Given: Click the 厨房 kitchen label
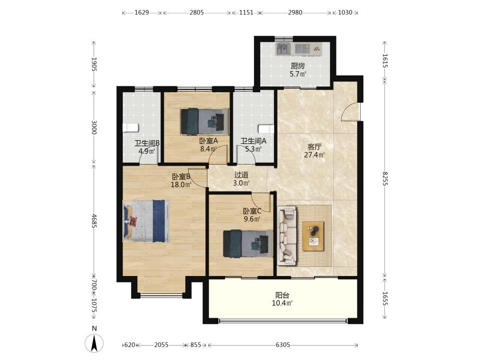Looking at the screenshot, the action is tap(298, 66).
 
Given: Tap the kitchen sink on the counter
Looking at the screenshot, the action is tap(284, 49).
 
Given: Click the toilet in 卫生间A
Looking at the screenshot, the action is tap(266, 129).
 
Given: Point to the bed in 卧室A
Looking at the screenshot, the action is tap(204, 121).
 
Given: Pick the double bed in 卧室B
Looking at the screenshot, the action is tap(146, 221).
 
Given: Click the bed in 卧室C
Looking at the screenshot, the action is tap(248, 244).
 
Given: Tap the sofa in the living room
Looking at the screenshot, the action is tap(287, 235).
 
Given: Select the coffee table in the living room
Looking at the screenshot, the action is tap(313, 236).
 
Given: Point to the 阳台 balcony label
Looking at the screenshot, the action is tap(282, 295).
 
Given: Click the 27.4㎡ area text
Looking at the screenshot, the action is tap(314, 155).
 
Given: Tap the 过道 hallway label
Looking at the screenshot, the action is tap(241, 175).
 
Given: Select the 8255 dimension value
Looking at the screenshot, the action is tap(385, 179).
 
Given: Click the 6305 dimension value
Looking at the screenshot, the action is tap(283, 345).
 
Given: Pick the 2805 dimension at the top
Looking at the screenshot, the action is tap(196, 12).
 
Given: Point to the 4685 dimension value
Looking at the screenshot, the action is tap(94, 221).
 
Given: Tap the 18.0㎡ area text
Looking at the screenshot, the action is tap(181, 185).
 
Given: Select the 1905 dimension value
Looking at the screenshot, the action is tap(94, 64).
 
